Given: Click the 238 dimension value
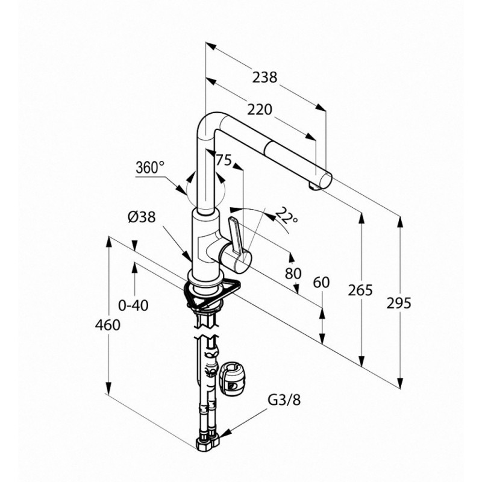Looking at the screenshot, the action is pos(264,78).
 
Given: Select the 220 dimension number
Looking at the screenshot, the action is pos(260,110).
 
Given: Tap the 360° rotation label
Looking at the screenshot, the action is pos(150,168).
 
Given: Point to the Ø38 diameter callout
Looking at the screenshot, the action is pos(142,218).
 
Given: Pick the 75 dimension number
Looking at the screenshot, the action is pos(224,160).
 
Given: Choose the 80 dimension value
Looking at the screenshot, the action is pos(293,273).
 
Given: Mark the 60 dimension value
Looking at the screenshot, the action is pos(321,282).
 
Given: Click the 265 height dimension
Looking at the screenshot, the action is pos(360,290).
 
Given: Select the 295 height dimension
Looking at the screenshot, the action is pos(399,304).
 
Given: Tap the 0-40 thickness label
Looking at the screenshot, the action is pos(133,305).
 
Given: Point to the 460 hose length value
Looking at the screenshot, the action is pos(108,325).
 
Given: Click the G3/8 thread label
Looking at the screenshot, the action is pos(284,400).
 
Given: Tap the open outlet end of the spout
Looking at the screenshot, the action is pos(326,181).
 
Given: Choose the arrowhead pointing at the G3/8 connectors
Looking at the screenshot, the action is pos(223,434).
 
